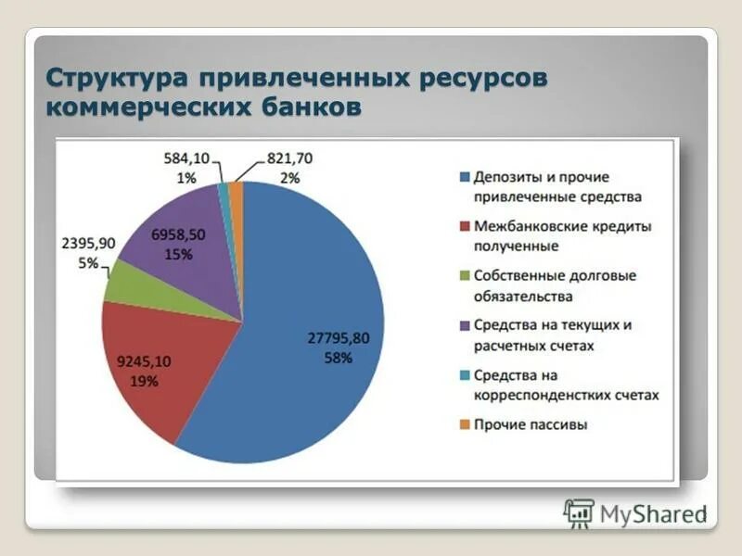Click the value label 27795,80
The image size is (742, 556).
339,338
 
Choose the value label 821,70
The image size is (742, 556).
289,158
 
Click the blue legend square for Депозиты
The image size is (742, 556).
464,177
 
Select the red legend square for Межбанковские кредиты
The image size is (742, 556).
464,227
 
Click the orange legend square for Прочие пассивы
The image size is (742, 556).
464,425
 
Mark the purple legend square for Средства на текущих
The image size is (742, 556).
464,326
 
